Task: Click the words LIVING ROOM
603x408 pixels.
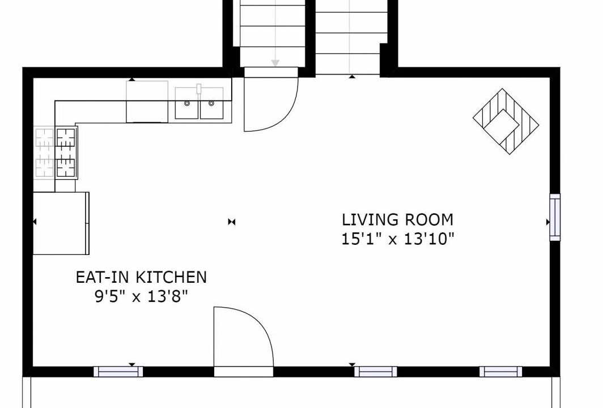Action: coord(398,219)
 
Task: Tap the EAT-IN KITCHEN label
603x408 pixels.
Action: coord(141,277)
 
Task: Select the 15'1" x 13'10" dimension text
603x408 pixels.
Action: coord(398,239)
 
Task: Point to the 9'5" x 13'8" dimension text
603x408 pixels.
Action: coord(142,296)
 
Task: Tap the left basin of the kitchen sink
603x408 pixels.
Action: coord(187,104)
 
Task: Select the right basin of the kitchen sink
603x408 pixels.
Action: coord(211,104)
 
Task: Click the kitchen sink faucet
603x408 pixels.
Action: coord(199,89)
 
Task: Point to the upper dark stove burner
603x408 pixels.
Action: coord(66,138)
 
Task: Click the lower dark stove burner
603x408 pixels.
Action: coord(66,168)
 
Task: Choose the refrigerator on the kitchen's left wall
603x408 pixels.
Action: coord(61,223)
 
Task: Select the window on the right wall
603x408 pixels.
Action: coord(554,217)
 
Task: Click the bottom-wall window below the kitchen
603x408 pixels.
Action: coord(118,372)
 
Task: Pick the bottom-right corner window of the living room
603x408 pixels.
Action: coord(501,372)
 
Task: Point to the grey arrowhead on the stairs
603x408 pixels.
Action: coord(275,63)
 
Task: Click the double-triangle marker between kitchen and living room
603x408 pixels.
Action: coord(231,222)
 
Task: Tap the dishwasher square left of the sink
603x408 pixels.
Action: coord(147,101)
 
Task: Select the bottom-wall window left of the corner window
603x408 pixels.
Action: coord(375,372)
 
